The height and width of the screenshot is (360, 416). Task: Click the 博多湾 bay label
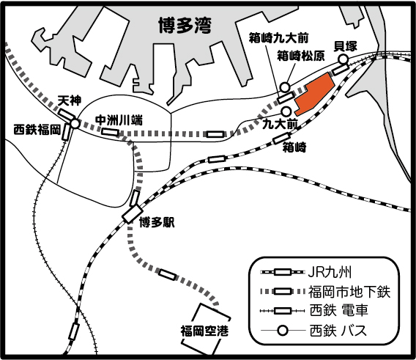pyautogui.click(x=185, y=26)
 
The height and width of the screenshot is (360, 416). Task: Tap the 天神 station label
pyautogui.click(x=70, y=100)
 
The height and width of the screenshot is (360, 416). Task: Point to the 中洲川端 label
pyautogui.click(x=119, y=120)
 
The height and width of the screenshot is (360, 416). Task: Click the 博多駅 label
pyautogui.click(x=157, y=222)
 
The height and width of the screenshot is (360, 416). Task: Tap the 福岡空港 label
pyautogui.click(x=204, y=331)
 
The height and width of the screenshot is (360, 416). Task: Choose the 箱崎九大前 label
pyautogui.click(x=278, y=38)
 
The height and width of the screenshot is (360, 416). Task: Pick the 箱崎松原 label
pyautogui.click(x=301, y=56)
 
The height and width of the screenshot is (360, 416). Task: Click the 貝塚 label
pyautogui.click(x=346, y=46)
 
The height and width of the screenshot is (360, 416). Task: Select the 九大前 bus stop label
pyautogui.click(x=280, y=125)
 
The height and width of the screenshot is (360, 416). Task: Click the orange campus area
pyautogui.click(x=315, y=94)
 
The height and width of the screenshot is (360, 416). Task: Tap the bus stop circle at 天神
pyautogui.click(x=75, y=123)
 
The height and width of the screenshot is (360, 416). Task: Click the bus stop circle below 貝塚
pyautogui.click(x=343, y=59)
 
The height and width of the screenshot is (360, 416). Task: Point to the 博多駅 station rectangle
pyautogui.click(x=132, y=214)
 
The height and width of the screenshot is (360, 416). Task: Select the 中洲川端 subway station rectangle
pyautogui.click(x=111, y=132)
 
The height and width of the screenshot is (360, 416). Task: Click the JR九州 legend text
pyautogui.click(x=330, y=273)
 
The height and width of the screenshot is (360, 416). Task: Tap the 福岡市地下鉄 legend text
pyautogui.click(x=349, y=292)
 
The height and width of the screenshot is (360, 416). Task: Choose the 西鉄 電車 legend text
pyautogui.click(x=339, y=310)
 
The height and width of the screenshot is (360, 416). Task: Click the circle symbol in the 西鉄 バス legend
pyautogui.click(x=283, y=331)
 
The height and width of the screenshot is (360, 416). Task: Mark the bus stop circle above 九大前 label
pyautogui.click(x=286, y=111)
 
